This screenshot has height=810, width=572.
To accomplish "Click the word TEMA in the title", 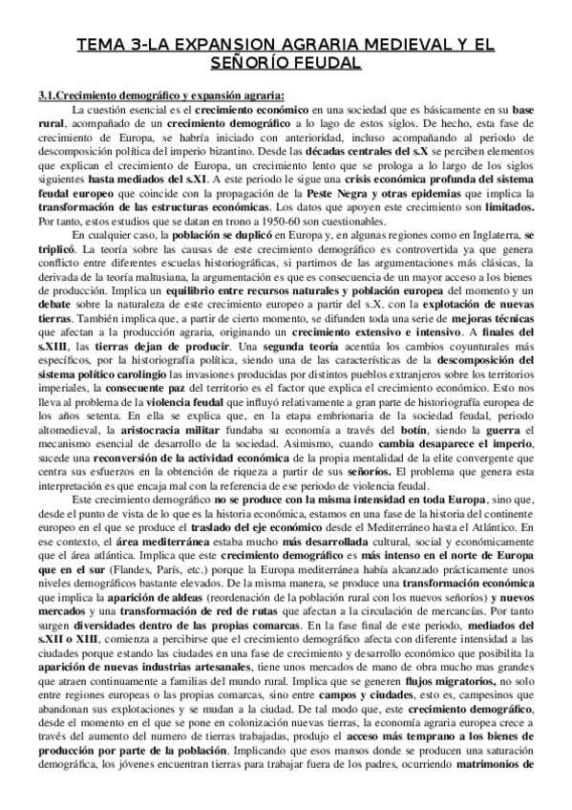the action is coord(97,44).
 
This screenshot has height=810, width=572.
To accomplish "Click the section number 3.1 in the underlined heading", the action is coord(46,94).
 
